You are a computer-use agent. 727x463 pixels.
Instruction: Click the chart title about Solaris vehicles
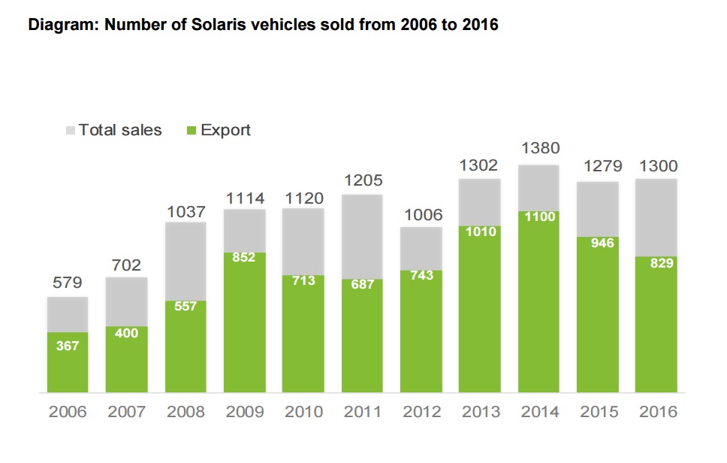point(263,25)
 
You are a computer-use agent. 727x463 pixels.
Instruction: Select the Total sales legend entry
point(120,130)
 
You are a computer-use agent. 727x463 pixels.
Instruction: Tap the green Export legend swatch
point(191,131)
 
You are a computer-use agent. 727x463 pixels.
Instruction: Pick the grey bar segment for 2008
point(186,260)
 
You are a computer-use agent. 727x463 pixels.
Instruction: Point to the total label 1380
point(539,148)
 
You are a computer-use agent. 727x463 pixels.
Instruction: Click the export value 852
point(244,257)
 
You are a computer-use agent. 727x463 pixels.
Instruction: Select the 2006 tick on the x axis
point(68,412)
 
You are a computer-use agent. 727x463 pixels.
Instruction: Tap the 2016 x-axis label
point(656,412)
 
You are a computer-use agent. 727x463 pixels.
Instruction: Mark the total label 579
point(68,283)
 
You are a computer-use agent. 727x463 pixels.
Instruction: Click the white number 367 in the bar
point(68,346)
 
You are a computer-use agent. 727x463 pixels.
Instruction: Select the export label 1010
point(480,231)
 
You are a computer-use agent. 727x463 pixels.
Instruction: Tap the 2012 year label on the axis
point(421,412)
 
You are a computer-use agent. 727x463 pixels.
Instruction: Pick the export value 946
point(598,243)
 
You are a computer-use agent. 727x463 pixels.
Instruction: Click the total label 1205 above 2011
point(362,180)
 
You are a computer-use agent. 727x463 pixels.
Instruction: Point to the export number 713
point(303,280)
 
